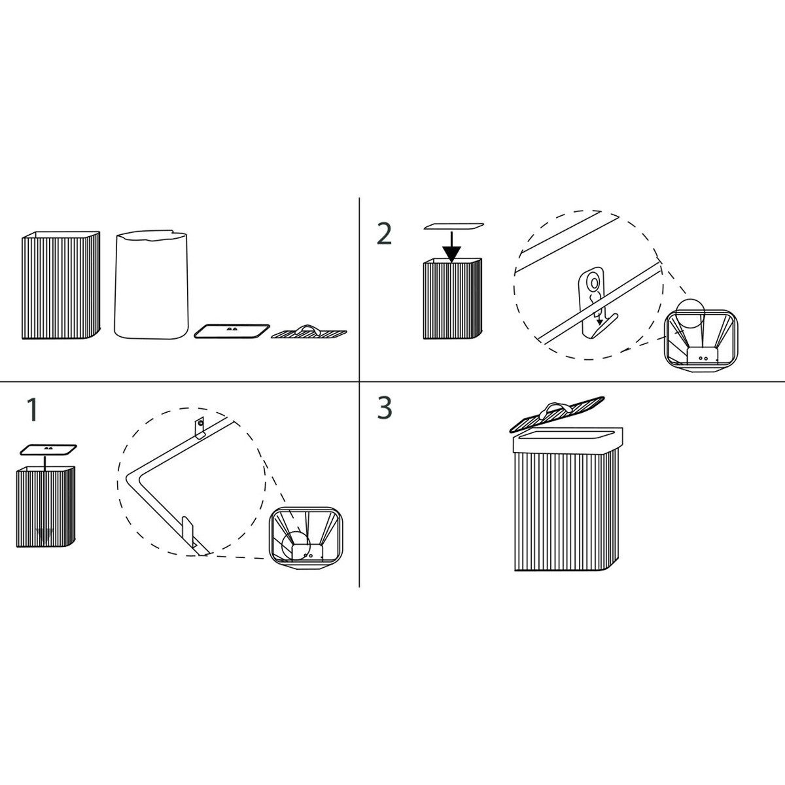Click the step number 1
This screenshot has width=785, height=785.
click(x=32, y=410)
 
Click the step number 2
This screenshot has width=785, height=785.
click(x=384, y=234)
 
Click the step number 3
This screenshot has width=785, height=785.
click(x=385, y=408)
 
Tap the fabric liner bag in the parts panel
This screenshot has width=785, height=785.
click(x=151, y=285)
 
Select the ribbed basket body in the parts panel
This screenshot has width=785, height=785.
click(x=61, y=285)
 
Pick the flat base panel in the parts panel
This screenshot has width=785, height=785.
click(x=232, y=331)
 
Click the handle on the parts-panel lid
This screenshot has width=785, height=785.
click(x=309, y=329)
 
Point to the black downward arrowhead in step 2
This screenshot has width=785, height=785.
click(x=451, y=254)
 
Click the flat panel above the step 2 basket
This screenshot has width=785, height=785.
click(x=454, y=226)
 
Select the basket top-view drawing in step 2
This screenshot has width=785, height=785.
click(x=701, y=341)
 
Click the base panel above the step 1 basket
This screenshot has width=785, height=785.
click(x=48, y=449)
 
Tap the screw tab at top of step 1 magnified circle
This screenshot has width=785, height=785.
click(x=200, y=428)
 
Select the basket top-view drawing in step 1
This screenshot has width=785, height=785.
click(x=305, y=538)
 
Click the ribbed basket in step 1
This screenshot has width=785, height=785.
click(x=46, y=507)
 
